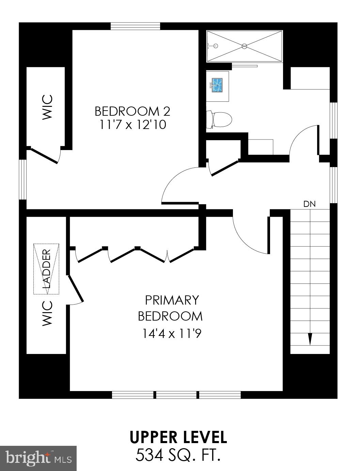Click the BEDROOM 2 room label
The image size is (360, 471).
[x=132, y=111]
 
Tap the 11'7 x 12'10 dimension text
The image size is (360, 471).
[x=132, y=125]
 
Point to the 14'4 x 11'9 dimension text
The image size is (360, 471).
[x=172, y=334]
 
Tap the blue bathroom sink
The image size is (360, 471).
[x=217, y=85]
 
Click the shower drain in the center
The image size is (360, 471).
[x=244, y=46]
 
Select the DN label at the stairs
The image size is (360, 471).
[x=310, y=204]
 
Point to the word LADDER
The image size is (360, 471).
[x=47, y=269]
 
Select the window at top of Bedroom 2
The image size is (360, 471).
[x=135, y=26]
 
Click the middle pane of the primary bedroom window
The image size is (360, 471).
[x=176, y=395]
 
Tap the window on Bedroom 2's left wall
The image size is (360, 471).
[x=22, y=179]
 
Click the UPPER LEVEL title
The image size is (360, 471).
[x=178, y=438]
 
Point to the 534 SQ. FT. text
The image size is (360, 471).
[x=177, y=455]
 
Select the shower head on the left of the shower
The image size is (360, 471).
[x=215, y=46]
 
